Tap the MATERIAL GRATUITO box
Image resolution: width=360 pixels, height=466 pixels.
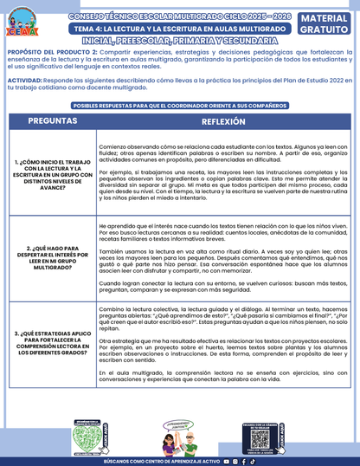click(x=325, y=24)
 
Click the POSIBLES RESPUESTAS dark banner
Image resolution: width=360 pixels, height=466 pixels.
click(x=179, y=105)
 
